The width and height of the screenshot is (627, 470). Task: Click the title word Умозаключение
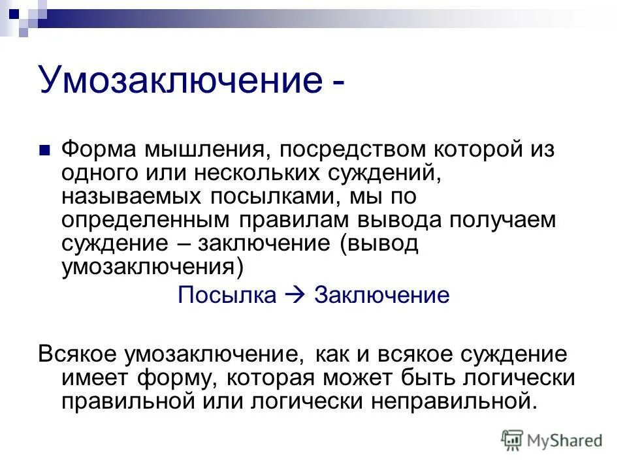tap(178, 80)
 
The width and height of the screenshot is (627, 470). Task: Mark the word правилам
tap(283, 220)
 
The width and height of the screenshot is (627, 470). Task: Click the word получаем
tap(503, 221)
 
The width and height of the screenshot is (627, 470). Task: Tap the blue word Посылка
tap(227, 295)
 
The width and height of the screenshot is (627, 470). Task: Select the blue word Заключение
tap(382, 295)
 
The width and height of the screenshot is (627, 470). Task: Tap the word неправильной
tap(451, 400)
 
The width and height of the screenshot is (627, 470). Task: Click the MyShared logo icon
tap(513, 441)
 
